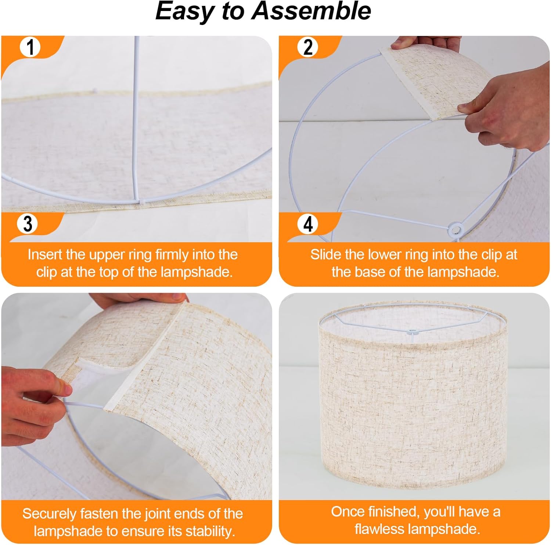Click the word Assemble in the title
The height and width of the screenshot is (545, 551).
pyautogui.click(x=311, y=11)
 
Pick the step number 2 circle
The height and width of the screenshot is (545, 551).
pyautogui.click(x=308, y=47)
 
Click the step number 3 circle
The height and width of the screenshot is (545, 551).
pyautogui.click(x=28, y=223)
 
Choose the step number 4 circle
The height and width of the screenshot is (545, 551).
pyautogui.click(x=308, y=223)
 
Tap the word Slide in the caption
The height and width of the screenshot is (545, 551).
pyautogui.click(x=325, y=254)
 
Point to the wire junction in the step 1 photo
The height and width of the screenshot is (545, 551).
pyautogui.click(x=138, y=201)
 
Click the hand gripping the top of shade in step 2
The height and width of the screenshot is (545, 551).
pyautogui.click(x=426, y=43)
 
